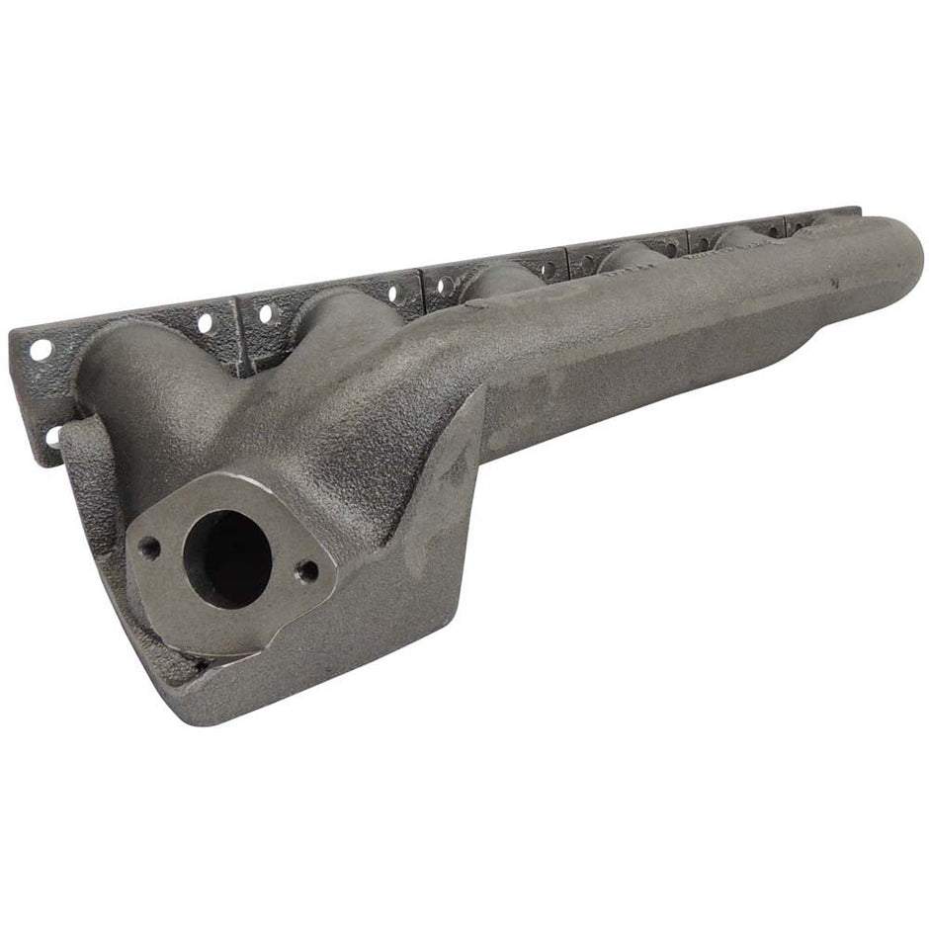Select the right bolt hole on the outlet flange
(306, 570)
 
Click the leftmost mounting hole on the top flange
(41, 349)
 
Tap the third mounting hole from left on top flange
(265, 314)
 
